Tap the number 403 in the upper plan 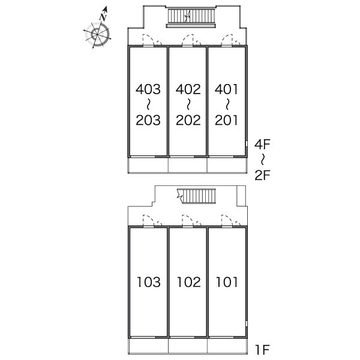(148, 90)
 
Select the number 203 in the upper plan (148, 120)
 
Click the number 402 (188, 90)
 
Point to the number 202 (188, 120)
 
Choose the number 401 (226, 90)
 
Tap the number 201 (226, 120)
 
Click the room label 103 (148, 281)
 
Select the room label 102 (188, 281)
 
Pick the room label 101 (226, 281)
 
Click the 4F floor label (262, 144)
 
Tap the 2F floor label (262, 175)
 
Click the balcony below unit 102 (188, 346)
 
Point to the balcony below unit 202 (188, 164)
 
